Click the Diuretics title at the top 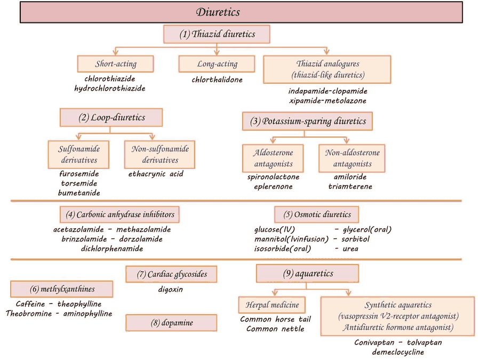(218, 12)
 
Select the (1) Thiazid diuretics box (217, 35)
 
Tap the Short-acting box (115, 63)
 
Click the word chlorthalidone (217, 80)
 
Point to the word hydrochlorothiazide (110, 88)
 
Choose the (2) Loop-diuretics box (110, 118)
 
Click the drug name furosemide (79, 174)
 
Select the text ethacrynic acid (156, 174)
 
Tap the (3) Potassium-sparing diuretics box (308, 121)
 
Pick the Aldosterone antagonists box (273, 158)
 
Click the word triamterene (350, 187)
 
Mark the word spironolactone (273, 177)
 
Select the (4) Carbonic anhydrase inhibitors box (120, 214)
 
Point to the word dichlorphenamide (112, 248)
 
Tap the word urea (350, 249)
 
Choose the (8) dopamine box (171, 323)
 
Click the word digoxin (171, 290)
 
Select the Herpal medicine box (272, 305)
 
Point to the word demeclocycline (398, 352)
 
